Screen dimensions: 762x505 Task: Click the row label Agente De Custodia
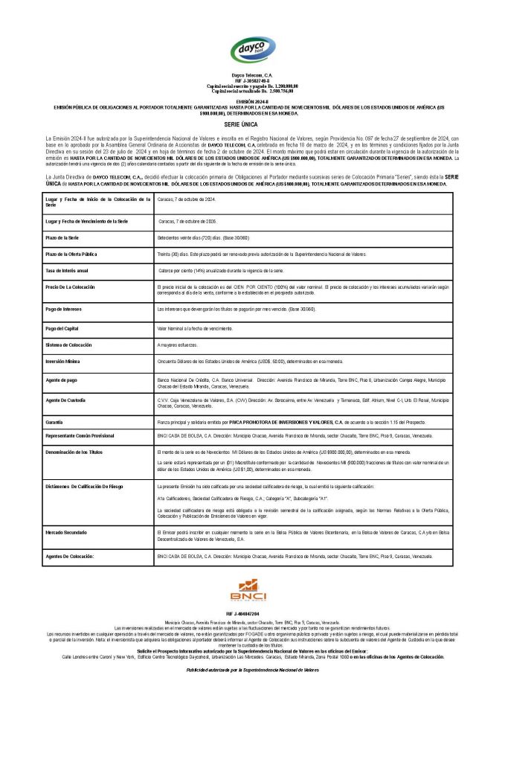tap(65, 400)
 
